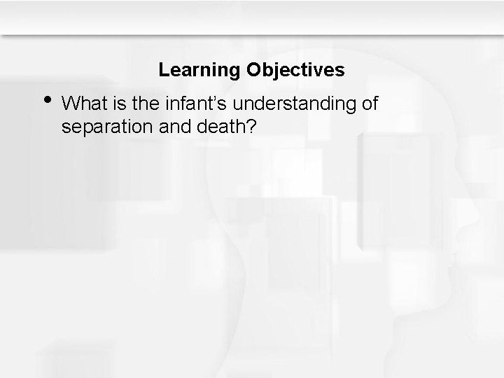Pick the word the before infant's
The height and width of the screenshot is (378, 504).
[x=137, y=104]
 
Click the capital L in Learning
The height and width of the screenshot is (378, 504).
[x=163, y=70]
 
